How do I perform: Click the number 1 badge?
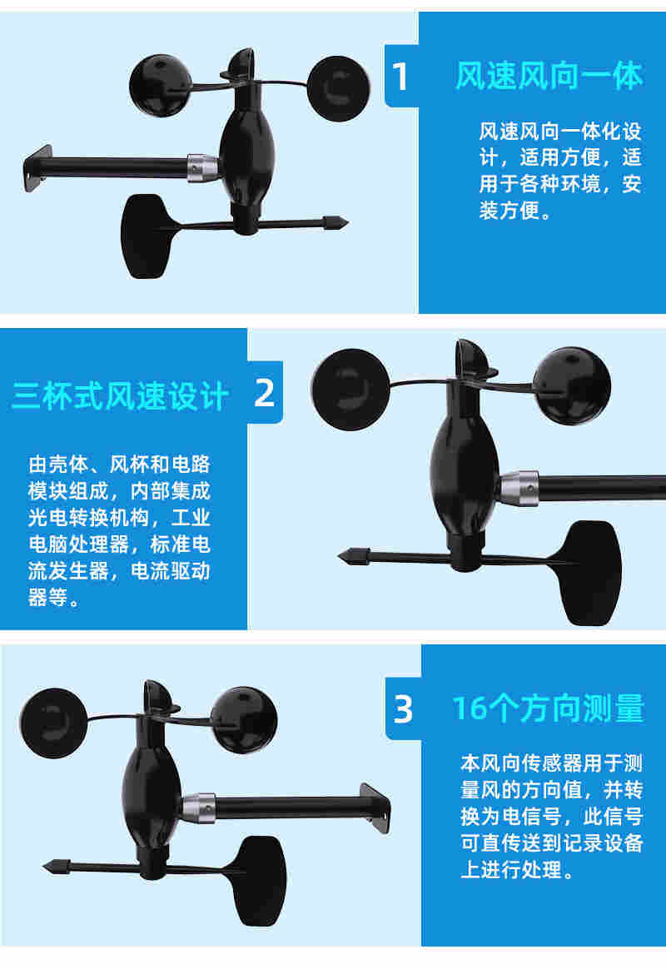coord(400,77)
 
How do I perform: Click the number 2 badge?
coord(264,392)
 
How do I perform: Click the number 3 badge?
coord(403,708)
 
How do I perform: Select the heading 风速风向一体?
coord(549,76)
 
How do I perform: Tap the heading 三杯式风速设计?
coord(120,396)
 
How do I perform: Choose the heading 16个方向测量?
coord(548,708)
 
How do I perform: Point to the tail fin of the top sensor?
coord(144,236)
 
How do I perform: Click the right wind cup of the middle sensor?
coord(570,385)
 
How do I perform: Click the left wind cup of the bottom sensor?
coord(52,717)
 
